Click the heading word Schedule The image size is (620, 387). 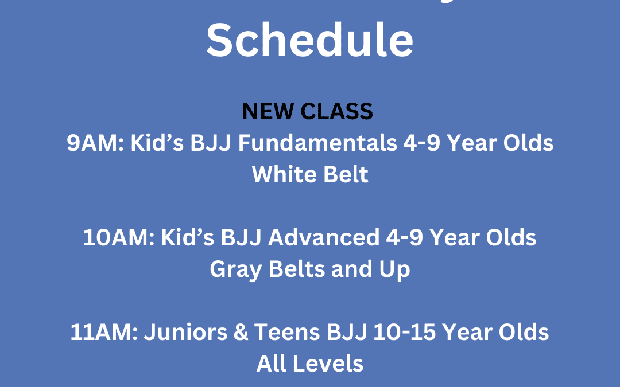click(x=310, y=39)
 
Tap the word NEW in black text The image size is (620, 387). click(x=265, y=111)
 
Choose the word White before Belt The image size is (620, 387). click(x=277, y=174)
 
